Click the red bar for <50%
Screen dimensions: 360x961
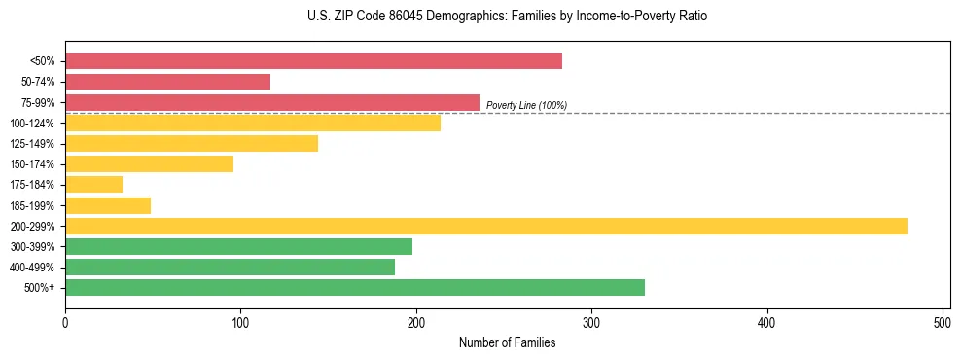coord(313,61)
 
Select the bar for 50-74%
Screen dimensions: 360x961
coord(167,82)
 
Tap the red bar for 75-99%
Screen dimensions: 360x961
coord(272,102)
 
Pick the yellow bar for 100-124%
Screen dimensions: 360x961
coord(253,123)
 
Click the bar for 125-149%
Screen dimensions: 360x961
coord(192,143)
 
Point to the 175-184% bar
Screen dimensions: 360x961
coord(93,184)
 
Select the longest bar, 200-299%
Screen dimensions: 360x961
coord(486,226)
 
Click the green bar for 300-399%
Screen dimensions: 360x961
coord(238,246)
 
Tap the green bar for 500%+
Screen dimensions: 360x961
coord(355,287)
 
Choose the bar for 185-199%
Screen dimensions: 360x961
coord(108,205)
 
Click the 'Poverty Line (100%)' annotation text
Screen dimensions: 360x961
coord(526,105)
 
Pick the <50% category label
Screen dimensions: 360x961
coord(43,61)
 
